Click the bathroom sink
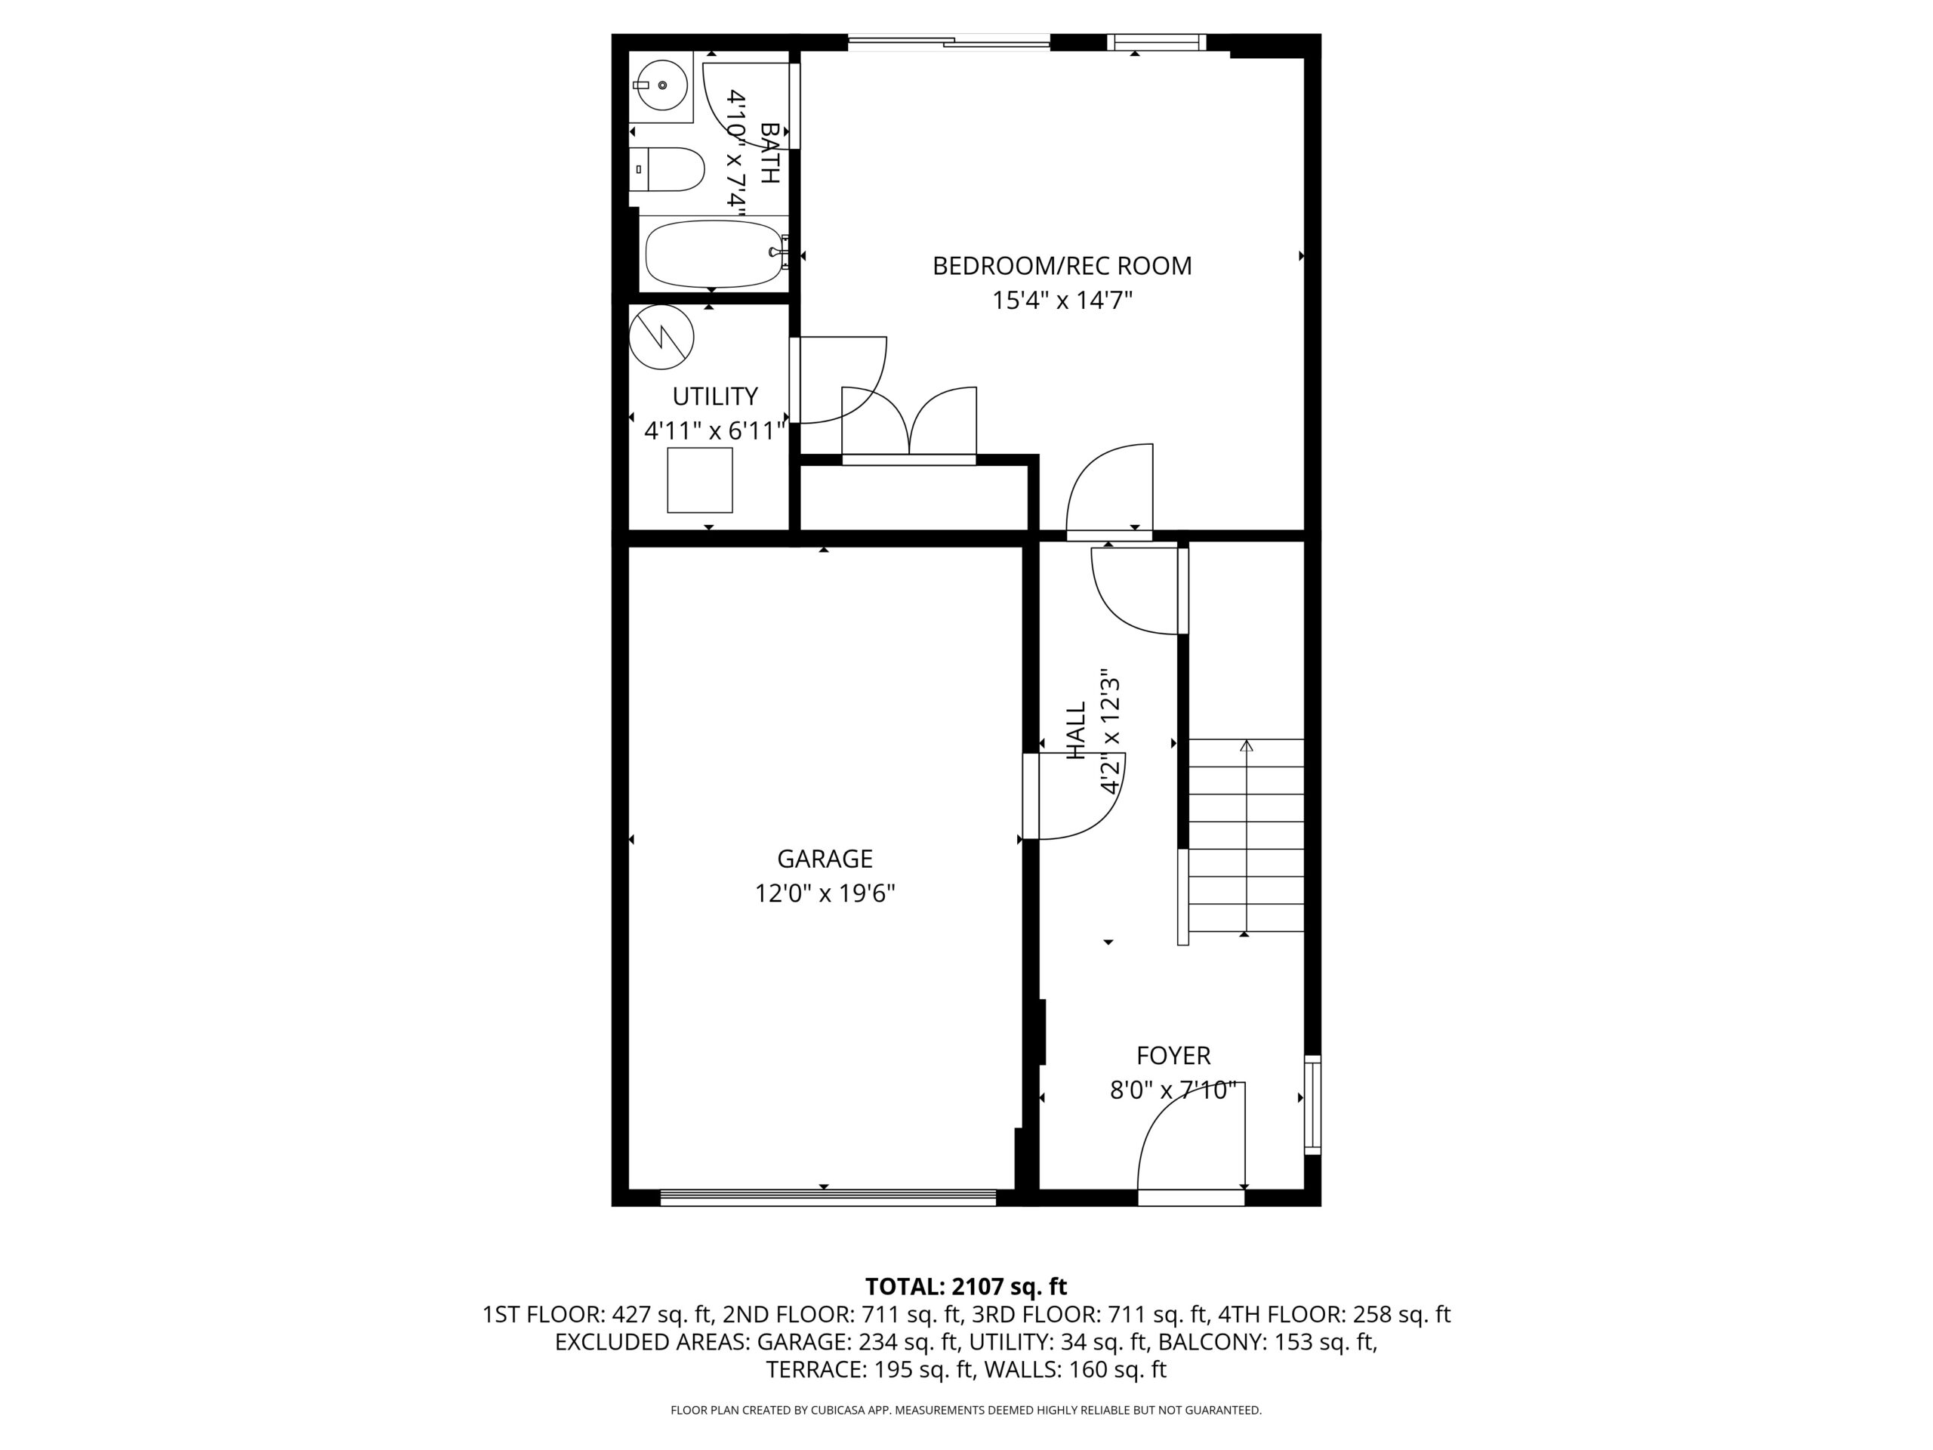point(661,85)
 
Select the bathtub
point(715,254)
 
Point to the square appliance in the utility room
point(700,480)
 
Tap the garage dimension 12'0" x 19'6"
point(825,893)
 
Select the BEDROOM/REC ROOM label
point(1062,266)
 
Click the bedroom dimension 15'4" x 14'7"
point(1062,301)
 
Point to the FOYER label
point(1173,1056)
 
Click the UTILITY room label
point(715,396)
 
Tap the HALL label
point(1076,730)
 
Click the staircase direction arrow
point(1246,837)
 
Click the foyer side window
point(1312,1105)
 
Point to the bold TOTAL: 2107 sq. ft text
point(966,1287)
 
